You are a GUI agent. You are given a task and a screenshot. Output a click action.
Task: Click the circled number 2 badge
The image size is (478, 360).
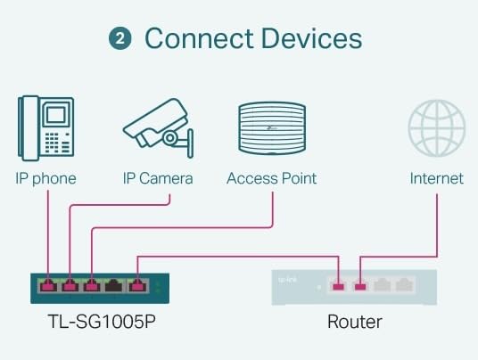pos(120,39)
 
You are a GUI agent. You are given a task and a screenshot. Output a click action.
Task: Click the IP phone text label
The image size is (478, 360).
pos(45,178)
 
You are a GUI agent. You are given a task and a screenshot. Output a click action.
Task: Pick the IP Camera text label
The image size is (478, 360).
pos(158,178)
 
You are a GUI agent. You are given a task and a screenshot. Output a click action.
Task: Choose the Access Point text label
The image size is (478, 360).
pos(272,178)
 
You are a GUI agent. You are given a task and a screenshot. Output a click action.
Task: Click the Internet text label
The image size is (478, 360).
pos(436,178)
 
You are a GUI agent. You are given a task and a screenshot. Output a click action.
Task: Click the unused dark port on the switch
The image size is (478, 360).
pos(114,287)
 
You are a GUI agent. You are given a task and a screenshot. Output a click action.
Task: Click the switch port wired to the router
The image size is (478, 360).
pos(136,287)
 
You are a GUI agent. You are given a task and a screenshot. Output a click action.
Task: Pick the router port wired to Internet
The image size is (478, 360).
pos(359,286)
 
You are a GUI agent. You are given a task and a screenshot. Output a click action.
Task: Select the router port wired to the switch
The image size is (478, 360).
pos(338,286)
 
